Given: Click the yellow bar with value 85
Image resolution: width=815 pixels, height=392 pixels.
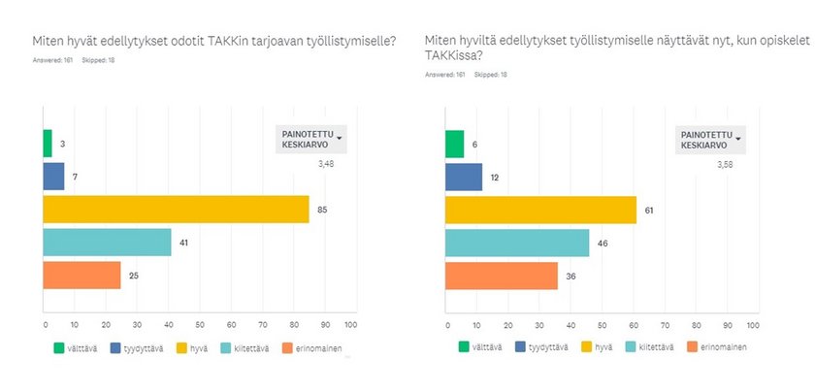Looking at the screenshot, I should click(x=177, y=209).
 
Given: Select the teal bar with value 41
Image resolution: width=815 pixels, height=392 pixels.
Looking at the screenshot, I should click(x=108, y=243).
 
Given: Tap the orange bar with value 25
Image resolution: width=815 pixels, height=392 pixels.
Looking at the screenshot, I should click(x=82, y=276).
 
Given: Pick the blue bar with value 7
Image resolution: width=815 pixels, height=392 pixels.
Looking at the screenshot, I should click(x=54, y=177).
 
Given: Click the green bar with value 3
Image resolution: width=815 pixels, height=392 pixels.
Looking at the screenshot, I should click(x=48, y=144).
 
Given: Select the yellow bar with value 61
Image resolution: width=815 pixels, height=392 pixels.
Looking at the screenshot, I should click(x=540, y=210).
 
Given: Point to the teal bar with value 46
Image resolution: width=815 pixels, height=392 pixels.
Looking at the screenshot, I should click(x=516, y=243).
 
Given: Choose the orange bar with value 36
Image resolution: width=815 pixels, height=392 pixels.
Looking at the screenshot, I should click(x=501, y=276).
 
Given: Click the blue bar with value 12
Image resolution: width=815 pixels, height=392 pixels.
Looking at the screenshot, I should click(x=463, y=178).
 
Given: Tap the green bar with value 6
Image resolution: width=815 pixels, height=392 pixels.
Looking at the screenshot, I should click(x=454, y=144).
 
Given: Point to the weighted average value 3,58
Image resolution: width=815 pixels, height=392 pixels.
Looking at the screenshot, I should click(x=729, y=165).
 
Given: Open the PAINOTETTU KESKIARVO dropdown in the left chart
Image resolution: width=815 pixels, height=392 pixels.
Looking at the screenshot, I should click(x=312, y=139).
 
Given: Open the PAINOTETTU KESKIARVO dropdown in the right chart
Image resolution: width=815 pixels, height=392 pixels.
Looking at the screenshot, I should click(x=711, y=140).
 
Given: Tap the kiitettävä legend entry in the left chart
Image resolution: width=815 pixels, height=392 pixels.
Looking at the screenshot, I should click(x=247, y=346).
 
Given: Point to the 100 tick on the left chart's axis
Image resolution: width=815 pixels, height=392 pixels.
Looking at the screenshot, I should click(x=351, y=324).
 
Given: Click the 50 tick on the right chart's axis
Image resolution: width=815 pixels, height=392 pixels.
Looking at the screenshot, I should click(x=601, y=324).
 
